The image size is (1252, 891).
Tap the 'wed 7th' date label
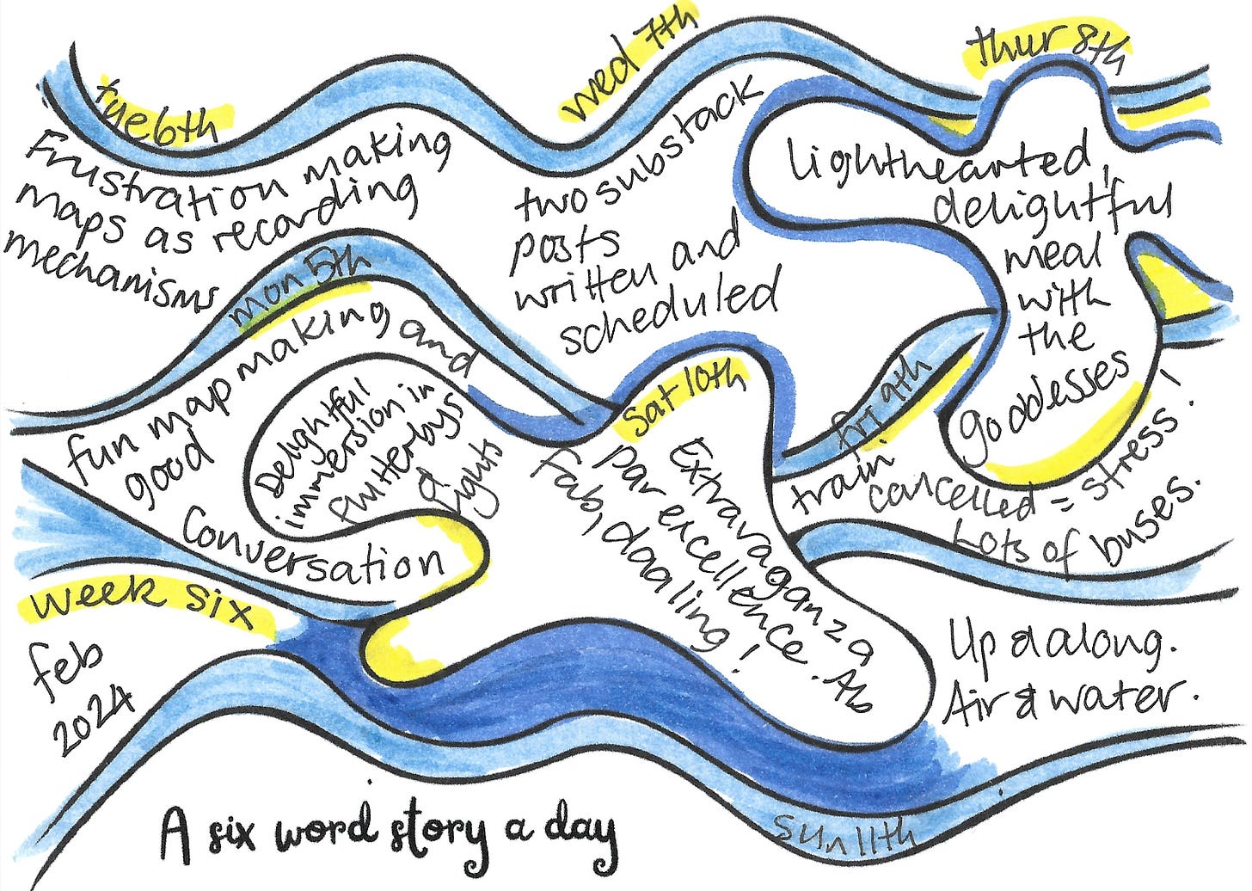[x=628, y=65]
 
